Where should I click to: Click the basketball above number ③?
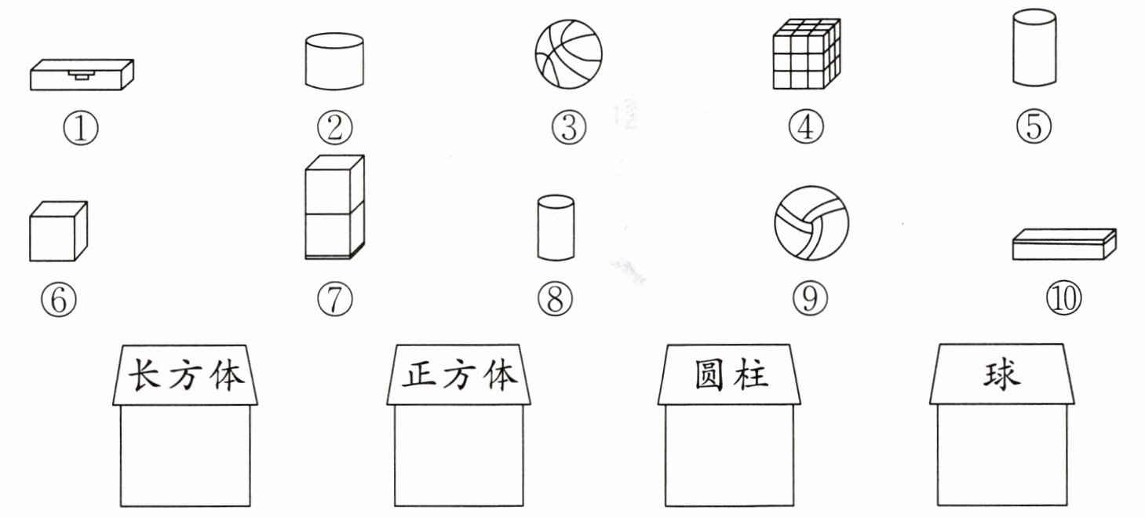point(568,54)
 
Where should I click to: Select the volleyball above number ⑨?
point(811,223)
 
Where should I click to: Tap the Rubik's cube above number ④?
point(807,54)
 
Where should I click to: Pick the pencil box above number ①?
point(82,75)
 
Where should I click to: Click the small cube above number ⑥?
point(58,231)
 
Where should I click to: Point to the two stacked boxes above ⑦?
point(335,207)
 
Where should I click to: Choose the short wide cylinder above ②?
point(334,61)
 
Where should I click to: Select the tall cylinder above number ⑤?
point(1034,47)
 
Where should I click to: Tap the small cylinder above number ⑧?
point(556,228)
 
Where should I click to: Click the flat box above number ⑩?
point(1064,244)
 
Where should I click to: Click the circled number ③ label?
point(569,127)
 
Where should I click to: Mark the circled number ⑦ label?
point(335,299)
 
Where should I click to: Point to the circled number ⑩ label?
point(1064,298)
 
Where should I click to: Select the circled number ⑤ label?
point(1034,126)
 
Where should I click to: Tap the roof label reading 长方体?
point(185,375)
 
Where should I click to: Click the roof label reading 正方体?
point(459,375)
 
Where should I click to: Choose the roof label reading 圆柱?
point(731,375)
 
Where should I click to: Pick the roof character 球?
point(1002,375)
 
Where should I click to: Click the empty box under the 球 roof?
point(1002,455)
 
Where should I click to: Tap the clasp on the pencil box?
point(82,75)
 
